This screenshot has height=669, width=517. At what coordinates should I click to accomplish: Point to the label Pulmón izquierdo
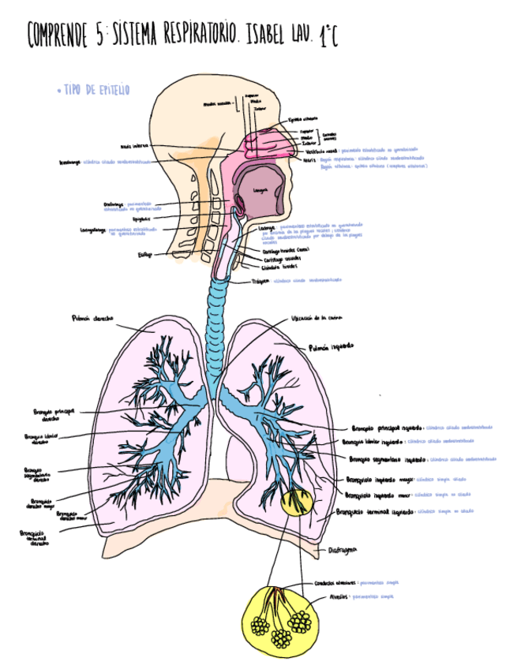pyautogui.click(x=331, y=346)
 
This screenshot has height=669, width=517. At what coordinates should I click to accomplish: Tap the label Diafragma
pyautogui.click(x=341, y=549)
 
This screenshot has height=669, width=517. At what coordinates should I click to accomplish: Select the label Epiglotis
pyautogui.click(x=141, y=219)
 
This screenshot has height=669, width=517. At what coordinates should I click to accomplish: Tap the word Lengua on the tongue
pyautogui.click(x=262, y=191)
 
